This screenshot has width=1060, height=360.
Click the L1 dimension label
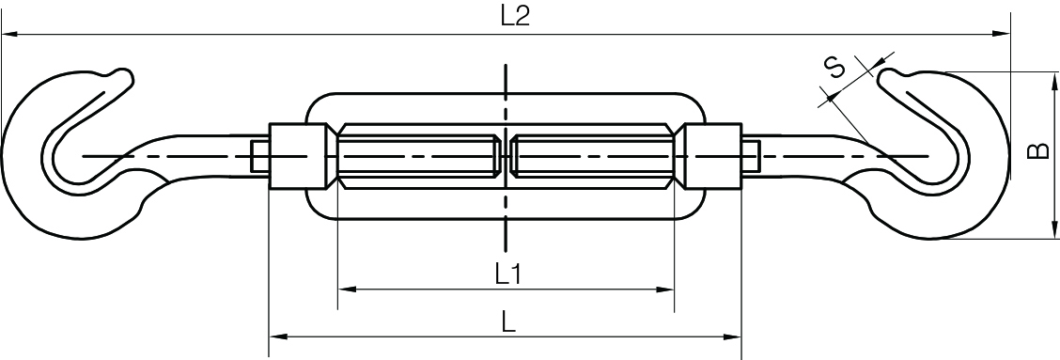(x=507, y=274)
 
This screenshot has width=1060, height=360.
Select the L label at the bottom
(x=507, y=322)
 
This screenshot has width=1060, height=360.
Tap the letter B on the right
(x=1039, y=152)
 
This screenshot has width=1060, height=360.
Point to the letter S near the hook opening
(x=834, y=68)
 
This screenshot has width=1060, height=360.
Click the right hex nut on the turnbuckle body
(x=712, y=156)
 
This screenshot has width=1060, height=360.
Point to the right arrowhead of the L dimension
(x=735, y=337)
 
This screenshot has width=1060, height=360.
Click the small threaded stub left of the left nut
(x=260, y=156)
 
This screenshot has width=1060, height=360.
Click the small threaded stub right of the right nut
(x=750, y=156)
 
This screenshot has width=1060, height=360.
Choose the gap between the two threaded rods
(x=507, y=156)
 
